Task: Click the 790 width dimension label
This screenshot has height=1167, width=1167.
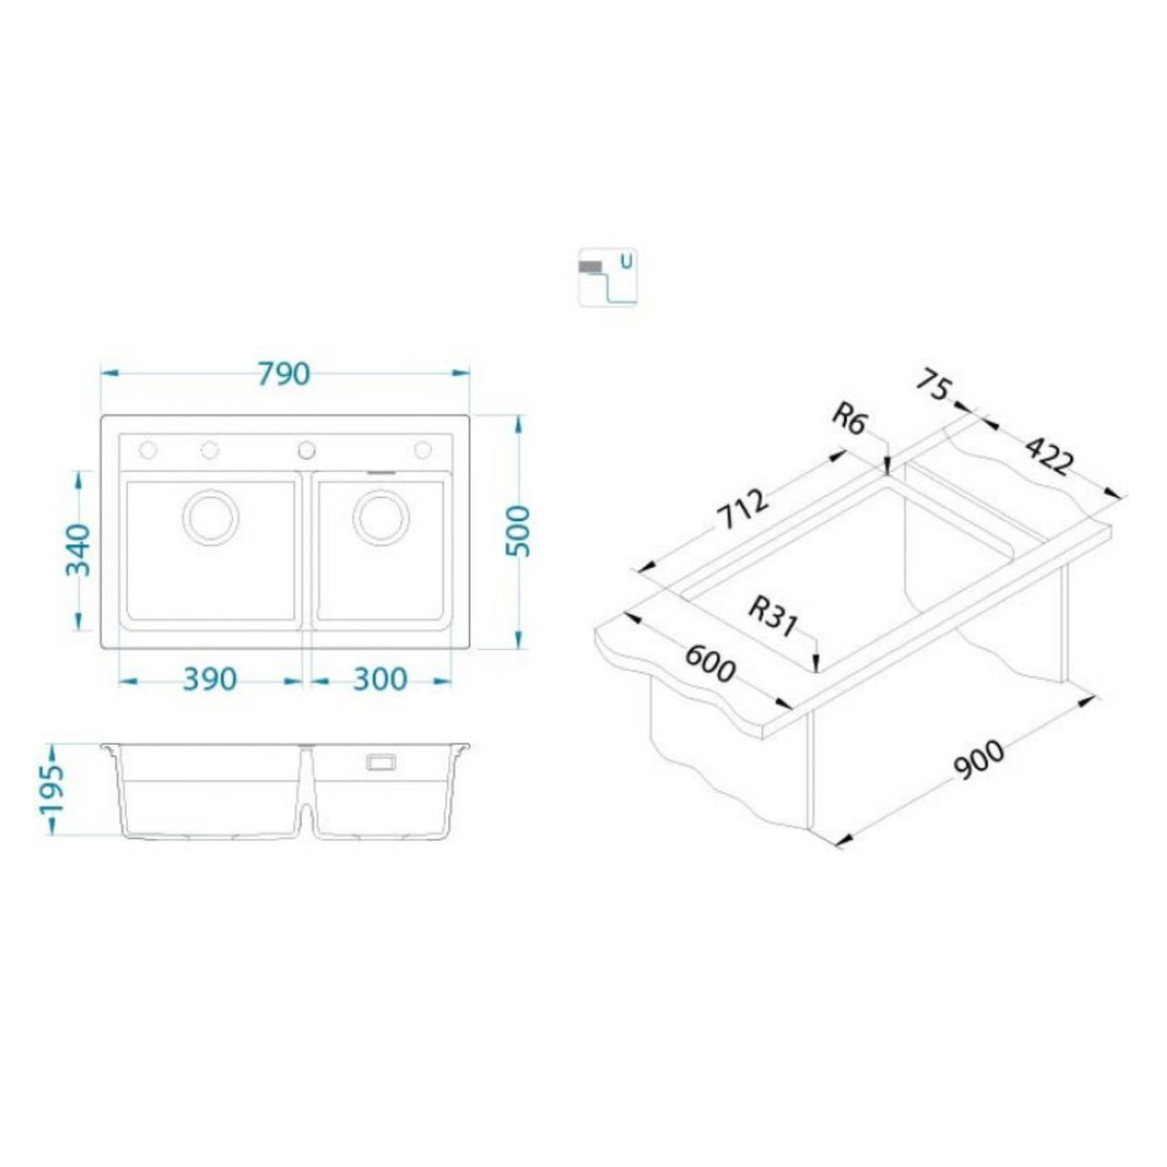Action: (285, 373)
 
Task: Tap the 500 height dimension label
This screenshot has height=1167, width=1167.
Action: (518, 531)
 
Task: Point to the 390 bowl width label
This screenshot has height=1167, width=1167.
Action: (210, 680)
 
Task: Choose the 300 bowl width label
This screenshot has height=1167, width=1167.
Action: (380, 680)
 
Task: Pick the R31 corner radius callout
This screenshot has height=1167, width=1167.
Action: (773, 616)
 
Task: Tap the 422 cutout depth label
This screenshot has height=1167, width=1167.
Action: (1047, 456)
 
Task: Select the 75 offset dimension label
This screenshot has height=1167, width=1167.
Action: (931, 386)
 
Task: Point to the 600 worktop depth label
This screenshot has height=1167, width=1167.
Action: (708, 663)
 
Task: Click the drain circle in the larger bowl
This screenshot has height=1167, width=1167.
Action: (210, 517)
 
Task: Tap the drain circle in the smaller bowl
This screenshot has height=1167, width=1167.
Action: (381, 517)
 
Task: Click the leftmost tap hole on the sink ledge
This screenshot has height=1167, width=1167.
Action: (149, 450)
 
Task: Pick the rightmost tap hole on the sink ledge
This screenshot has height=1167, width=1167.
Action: (422, 450)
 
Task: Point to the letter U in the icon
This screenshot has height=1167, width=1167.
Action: (627, 260)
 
